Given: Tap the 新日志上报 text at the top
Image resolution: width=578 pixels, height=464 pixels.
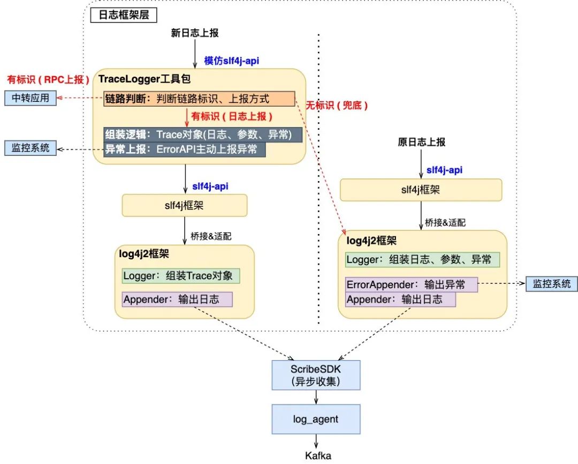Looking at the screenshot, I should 195,33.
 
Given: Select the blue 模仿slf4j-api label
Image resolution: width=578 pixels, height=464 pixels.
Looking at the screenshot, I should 232,61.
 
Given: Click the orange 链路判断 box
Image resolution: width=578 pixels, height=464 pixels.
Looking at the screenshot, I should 199,99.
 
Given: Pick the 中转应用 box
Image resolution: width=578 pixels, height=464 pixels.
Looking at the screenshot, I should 31,99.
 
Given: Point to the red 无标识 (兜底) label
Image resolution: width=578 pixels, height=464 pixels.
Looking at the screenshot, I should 337,106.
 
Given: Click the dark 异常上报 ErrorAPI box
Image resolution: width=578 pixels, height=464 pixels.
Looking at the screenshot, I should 185,149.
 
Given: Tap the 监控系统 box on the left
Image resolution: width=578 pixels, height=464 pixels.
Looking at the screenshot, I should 31,148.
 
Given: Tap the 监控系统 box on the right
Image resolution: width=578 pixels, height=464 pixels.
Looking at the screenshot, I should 552,283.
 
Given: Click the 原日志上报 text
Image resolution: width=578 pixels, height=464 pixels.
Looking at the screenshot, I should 422,142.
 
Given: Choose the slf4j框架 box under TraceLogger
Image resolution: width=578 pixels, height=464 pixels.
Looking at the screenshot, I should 185,206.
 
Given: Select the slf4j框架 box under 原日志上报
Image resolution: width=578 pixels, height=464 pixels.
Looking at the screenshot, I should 421,190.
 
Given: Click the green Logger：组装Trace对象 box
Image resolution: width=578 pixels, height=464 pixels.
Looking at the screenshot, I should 180,276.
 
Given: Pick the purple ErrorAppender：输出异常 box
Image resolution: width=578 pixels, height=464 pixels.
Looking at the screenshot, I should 412,285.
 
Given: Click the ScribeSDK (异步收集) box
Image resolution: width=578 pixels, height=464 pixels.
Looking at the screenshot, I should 316,375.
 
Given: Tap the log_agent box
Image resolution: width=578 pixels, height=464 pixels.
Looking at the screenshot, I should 316,419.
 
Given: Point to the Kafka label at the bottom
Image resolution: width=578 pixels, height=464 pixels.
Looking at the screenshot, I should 318,456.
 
